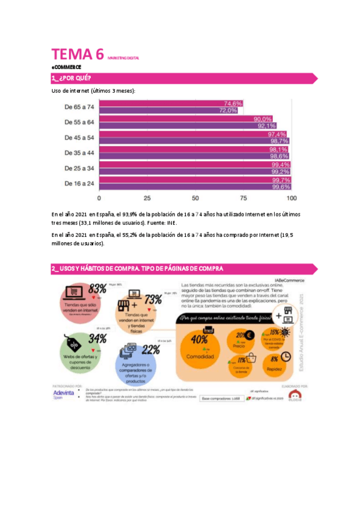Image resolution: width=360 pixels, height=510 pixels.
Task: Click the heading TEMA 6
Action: [78, 55]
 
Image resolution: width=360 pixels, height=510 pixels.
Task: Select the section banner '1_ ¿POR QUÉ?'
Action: [72, 78]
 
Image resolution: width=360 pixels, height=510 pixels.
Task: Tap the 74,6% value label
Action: [233, 103]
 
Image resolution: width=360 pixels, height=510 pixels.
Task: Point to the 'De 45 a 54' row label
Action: [79, 137]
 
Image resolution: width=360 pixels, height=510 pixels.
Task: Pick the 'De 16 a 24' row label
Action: [79, 183]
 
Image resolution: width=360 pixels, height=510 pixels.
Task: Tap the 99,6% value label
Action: [281, 186]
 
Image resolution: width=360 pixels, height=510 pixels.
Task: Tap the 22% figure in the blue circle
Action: [151, 349]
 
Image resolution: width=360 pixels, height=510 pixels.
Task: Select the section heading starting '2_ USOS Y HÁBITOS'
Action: [138, 268]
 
